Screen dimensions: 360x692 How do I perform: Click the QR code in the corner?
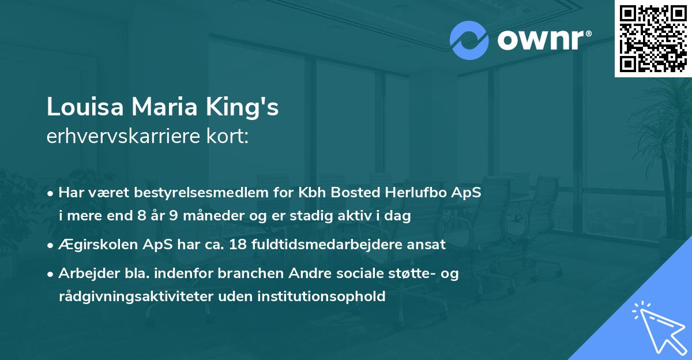(x=653, y=38)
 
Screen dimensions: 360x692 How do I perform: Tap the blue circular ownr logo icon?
(x=469, y=40)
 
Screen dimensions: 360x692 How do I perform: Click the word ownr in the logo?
(x=543, y=40)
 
